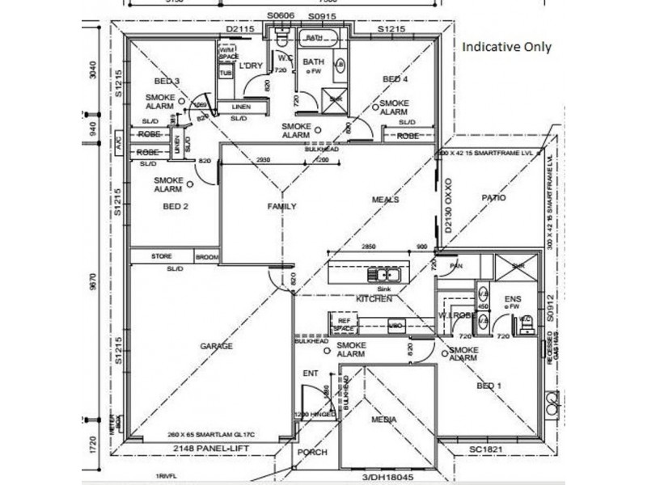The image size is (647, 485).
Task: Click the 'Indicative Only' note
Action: (506, 47)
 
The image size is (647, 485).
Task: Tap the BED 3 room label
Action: (168, 80)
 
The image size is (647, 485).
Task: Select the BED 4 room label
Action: (395, 79)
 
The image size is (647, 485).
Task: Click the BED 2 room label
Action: (175, 206)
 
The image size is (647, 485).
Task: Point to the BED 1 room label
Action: (489, 386)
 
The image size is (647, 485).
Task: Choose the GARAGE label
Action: (217, 346)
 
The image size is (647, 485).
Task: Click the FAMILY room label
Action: (282, 206)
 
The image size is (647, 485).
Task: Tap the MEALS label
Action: (386, 200)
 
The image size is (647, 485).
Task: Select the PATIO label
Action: (493, 196)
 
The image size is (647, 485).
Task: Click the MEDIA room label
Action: (383, 420)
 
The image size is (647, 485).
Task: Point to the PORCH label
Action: (311, 453)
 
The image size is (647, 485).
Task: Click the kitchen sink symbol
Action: (378, 274)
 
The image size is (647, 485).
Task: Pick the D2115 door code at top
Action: (240, 30)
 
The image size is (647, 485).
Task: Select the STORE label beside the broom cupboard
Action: (162, 257)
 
